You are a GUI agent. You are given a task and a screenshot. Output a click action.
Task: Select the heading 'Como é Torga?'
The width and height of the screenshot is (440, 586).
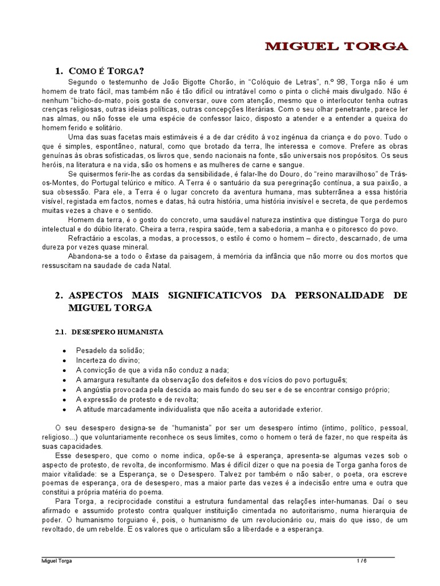[105, 72]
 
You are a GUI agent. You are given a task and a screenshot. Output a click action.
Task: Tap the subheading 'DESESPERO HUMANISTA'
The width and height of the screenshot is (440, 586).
[117, 332]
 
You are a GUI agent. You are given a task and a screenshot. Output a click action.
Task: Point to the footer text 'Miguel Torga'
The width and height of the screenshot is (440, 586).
[57, 561]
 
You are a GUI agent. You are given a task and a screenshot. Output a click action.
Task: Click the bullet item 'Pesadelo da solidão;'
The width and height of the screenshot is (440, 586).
[111, 350]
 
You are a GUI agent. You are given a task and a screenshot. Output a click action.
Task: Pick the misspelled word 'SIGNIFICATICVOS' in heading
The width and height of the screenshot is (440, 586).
[214, 295]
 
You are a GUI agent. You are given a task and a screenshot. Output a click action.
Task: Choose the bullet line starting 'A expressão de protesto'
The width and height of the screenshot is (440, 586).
[137, 399]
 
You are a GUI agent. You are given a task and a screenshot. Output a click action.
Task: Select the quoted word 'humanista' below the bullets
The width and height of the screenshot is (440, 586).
[177, 428]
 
